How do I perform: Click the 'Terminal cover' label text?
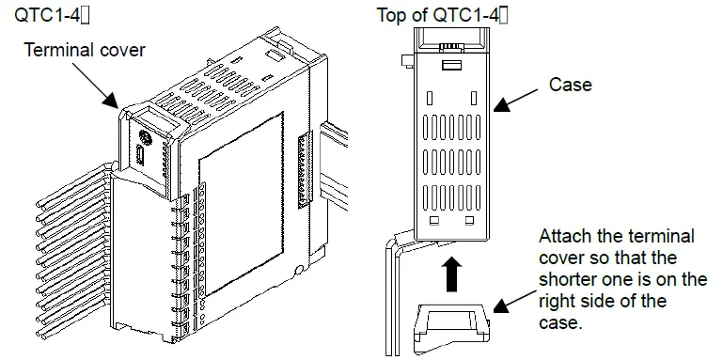pos(85,50)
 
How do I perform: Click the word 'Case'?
pos(571,85)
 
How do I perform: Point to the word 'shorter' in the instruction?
pos(567,280)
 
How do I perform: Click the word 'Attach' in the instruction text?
pos(567,237)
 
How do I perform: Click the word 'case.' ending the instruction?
pos(562,322)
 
